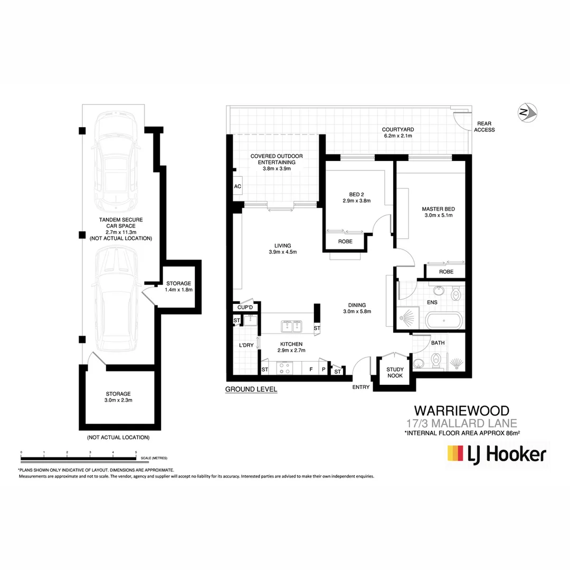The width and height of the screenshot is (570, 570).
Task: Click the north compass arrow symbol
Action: click(527, 112)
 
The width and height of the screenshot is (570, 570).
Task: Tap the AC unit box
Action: click(237, 186)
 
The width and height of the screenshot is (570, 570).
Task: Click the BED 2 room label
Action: click(349, 193)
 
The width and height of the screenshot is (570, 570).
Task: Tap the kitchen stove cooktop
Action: click(286, 368)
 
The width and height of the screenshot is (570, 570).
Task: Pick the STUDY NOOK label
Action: click(395, 373)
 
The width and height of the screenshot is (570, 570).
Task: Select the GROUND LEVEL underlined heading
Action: click(251, 389)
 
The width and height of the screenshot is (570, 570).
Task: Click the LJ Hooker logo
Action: click(497, 454)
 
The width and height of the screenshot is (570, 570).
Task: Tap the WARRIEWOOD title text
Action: click(461, 411)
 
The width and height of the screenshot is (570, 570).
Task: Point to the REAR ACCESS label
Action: click(484, 127)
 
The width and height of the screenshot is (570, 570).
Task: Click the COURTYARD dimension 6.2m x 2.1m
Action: click(398, 136)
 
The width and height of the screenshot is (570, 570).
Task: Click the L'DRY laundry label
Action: click(246, 345)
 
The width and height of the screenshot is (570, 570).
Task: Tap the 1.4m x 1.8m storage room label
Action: click(178, 290)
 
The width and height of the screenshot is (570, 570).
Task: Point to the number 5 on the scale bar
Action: click(136, 452)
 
